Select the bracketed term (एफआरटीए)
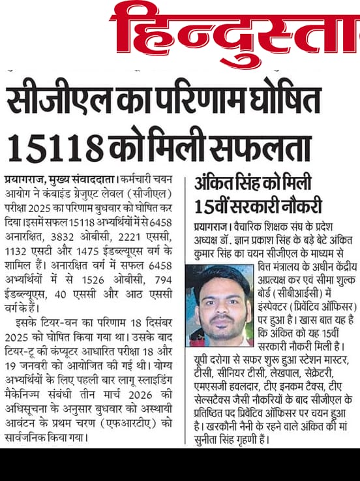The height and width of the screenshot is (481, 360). (x=140, y=421)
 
